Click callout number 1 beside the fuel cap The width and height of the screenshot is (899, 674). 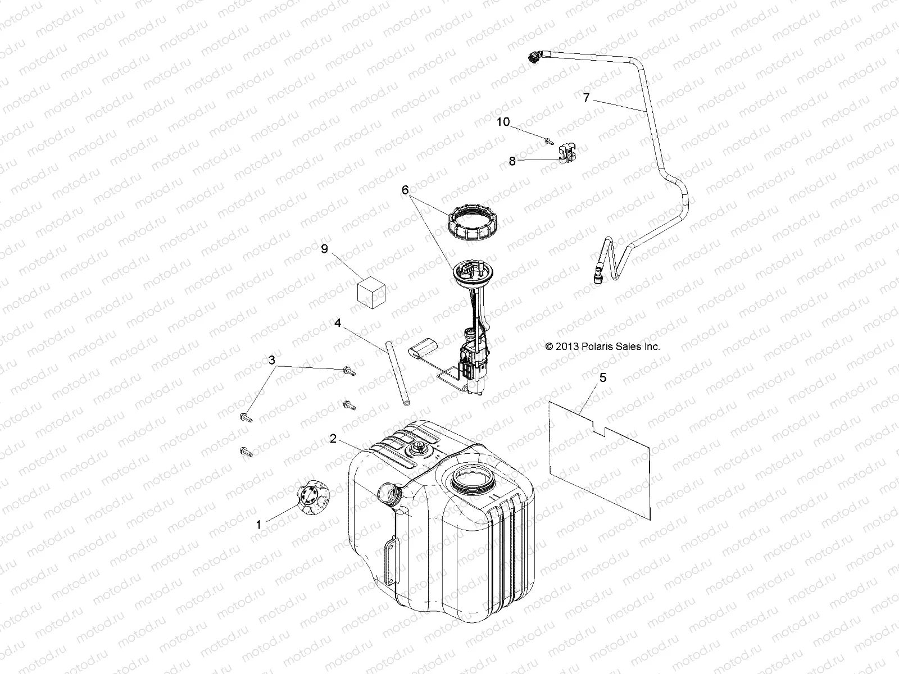click(258, 525)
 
